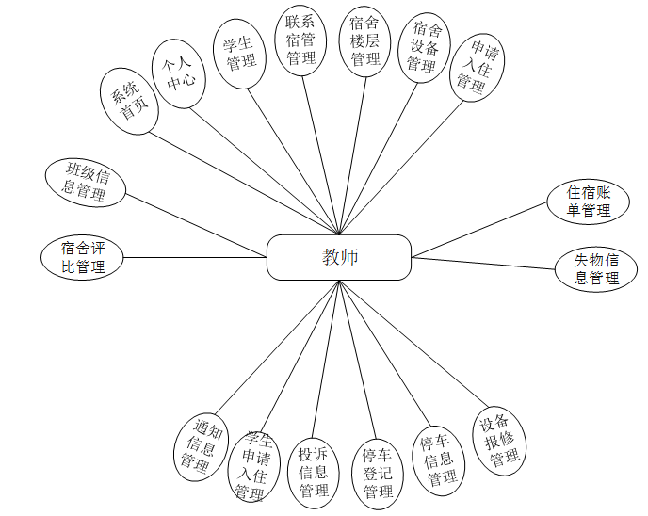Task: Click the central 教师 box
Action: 339,257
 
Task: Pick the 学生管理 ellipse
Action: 239,54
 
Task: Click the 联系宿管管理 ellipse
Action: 300,40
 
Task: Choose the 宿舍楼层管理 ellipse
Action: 364,42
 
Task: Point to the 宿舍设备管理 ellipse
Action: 421,50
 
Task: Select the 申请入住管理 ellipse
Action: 477,67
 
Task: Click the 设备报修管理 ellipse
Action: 498,440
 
